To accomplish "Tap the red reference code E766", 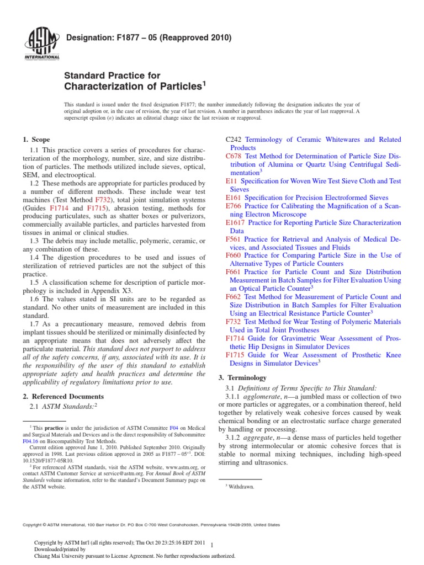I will pyautogui.click(x=234, y=206).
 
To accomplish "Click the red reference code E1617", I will pyautogui.click(x=236, y=222).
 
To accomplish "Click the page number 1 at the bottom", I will pyautogui.click(x=212, y=544).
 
